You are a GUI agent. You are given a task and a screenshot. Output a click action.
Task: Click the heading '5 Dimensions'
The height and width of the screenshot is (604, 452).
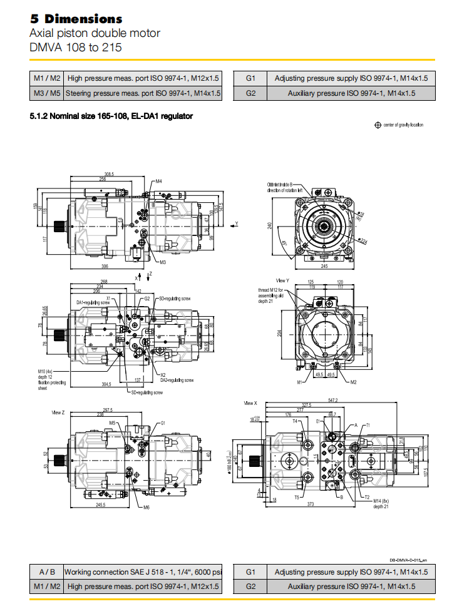[x=76, y=19]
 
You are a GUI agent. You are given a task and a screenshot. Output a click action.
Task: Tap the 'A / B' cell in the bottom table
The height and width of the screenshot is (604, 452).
[x=46, y=571]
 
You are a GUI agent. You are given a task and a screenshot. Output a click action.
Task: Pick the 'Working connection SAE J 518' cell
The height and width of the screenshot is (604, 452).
[x=143, y=571]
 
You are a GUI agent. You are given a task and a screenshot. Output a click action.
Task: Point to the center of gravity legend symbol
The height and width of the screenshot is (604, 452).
[x=378, y=125]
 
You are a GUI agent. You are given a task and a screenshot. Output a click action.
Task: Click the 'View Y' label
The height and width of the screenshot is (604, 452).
[x=282, y=280]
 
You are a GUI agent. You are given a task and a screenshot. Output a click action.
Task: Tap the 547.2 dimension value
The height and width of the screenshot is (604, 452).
[x=332, y=400]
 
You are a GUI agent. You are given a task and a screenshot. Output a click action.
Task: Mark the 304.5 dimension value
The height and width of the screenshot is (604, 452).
[x=110, y=384]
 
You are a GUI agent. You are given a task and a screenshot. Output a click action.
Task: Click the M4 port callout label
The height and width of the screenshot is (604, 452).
[x=159, y=181]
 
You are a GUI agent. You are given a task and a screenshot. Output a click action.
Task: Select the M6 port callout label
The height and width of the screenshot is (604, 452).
[x=146, y=507]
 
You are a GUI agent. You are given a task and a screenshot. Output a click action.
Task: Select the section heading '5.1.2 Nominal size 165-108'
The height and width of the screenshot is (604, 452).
[x=111, y=116]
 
